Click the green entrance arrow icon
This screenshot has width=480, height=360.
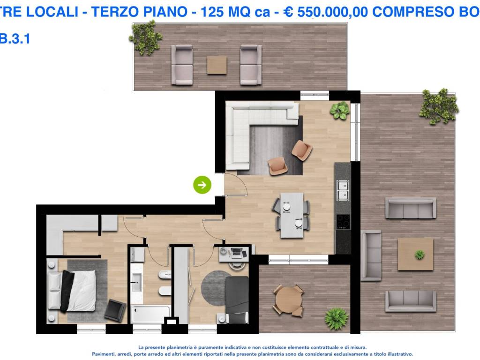coord(202,185)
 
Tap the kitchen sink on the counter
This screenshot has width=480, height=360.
coord(343,189)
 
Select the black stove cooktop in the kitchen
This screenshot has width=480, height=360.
coord(343,221)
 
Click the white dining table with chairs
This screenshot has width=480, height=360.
coord(292,215)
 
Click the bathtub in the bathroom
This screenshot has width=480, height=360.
coord(150,314)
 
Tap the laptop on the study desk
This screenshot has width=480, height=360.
coord(236,253)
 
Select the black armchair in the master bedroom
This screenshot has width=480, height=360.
coord(115,310)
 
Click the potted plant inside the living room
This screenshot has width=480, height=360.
coord(339,111)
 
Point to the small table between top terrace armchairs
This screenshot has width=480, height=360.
coord(217,65)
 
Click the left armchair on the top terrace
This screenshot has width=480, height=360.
coord(182,65)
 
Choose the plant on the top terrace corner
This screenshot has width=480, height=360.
coord(146,37)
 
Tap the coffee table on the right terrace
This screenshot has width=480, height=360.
coord(415,254)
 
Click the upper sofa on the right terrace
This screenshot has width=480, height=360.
coord(411,208)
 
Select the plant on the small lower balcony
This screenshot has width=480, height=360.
coord(337,318)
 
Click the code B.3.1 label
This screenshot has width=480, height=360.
coord(15,39)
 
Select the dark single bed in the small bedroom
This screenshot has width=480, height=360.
coord(237,299)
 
